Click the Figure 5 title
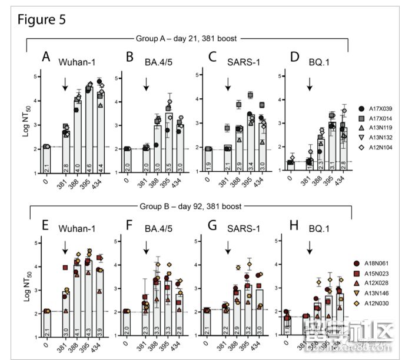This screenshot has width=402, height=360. pyautogui.click(x=42, y=19)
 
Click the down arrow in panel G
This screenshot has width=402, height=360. pyautogui.click(x=227, y=251)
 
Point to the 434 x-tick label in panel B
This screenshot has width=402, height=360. pyautogui.click(x=181, y=183)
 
